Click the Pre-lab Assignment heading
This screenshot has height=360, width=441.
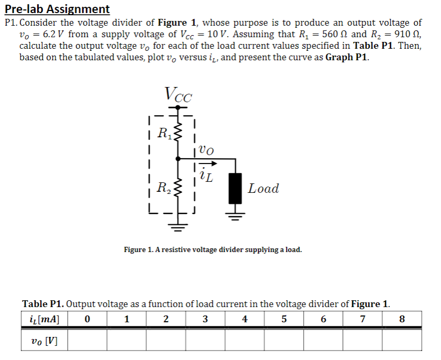point(57,9)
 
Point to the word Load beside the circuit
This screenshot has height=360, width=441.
point(263,189)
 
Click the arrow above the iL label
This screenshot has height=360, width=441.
point(204,163)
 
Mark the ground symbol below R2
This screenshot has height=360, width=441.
point(178,226)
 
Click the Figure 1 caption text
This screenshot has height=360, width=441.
point(213,249)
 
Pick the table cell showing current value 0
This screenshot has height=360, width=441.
point(87,319)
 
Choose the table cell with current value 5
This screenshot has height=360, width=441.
point(284,319)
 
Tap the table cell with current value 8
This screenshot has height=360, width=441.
point(402,319)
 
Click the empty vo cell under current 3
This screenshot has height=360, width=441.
point(205,341)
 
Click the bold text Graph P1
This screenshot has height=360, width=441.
point(347,57)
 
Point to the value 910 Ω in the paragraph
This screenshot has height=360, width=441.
point(403,34)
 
